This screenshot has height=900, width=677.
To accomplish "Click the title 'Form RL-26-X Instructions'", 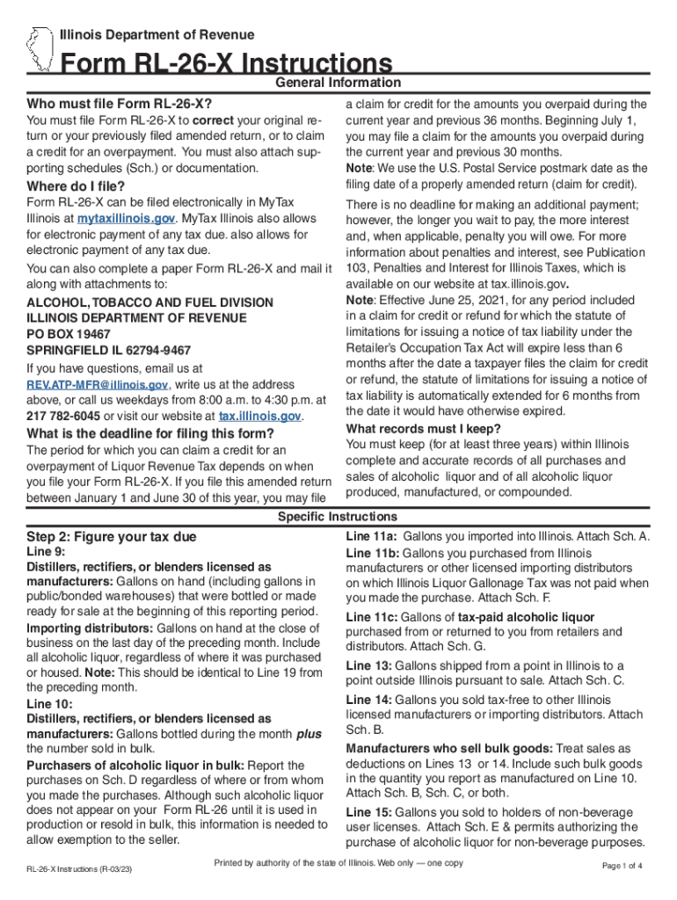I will pos(226,64).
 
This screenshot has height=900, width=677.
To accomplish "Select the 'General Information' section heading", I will pos(338,83).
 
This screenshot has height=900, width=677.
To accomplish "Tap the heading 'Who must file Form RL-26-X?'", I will pos(120,103).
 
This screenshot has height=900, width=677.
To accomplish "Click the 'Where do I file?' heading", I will pos(76,186).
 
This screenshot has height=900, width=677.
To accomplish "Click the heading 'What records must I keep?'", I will pos(424,428).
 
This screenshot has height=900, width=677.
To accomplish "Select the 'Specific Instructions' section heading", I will pos(338,517).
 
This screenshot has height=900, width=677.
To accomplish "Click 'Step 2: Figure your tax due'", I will pos(112,536).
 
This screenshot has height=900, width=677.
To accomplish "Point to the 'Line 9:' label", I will pos(46,552).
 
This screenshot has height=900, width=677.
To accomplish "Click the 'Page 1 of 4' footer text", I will pos(622,866).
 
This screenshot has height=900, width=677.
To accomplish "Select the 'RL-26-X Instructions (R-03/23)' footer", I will pos(79,869).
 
